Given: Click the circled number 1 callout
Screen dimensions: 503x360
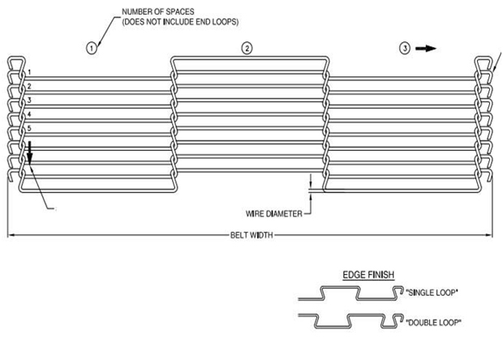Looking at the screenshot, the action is (92, 49).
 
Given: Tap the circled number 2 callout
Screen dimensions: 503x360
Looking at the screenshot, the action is (247, 49).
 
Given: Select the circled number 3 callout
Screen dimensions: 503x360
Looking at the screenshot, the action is (405, 49).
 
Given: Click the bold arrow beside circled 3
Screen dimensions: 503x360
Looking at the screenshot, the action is (426, 49).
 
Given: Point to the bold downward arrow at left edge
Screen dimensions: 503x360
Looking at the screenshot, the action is (29, 152).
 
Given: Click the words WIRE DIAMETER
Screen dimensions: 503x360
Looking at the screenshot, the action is (273, 213).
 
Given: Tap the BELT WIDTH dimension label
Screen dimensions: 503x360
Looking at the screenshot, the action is (251, 235).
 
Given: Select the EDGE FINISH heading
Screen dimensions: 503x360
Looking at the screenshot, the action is (368, 275).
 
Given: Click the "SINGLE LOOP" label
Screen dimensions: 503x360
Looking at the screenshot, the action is (432, 293).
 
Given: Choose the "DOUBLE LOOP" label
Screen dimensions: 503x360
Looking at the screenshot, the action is (433, 322).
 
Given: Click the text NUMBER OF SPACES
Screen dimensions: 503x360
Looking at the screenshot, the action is (158, 11).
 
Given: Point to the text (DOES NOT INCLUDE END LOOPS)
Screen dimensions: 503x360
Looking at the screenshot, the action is (180, 22).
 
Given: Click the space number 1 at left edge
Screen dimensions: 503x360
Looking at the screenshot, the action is (29, 72).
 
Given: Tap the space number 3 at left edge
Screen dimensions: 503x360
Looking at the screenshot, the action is (29, 100).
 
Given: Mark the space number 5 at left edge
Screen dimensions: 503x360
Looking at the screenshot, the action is (29, 128).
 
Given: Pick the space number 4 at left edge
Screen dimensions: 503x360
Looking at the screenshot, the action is (29, 114).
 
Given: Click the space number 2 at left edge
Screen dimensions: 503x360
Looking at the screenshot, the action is (29, 86).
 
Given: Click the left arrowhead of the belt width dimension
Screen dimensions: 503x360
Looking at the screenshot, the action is (11, 235).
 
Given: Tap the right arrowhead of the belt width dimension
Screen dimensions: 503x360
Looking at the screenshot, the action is (489, 235).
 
